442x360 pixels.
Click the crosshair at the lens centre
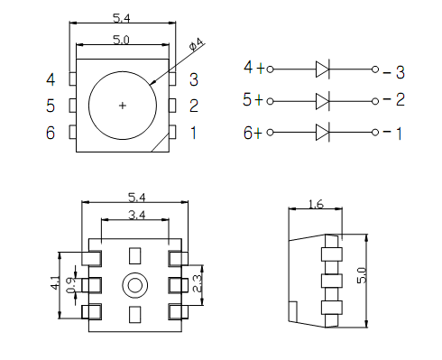click(x=123, y=106)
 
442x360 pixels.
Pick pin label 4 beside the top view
click(x=51, y=78)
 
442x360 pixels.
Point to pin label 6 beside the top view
click(x=51, y=133)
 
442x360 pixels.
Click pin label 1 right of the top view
click(x=193, y=133)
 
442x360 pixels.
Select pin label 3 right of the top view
click(x=193, y=78)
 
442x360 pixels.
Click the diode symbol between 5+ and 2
click(x=325, y=99)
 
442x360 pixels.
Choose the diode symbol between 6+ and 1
click(x=325, y=133)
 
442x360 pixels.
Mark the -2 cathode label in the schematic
click(x=393, y=99)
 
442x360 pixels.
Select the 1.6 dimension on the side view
click(x=316, y=205)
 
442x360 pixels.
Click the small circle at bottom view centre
click(x=136, y=285)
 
